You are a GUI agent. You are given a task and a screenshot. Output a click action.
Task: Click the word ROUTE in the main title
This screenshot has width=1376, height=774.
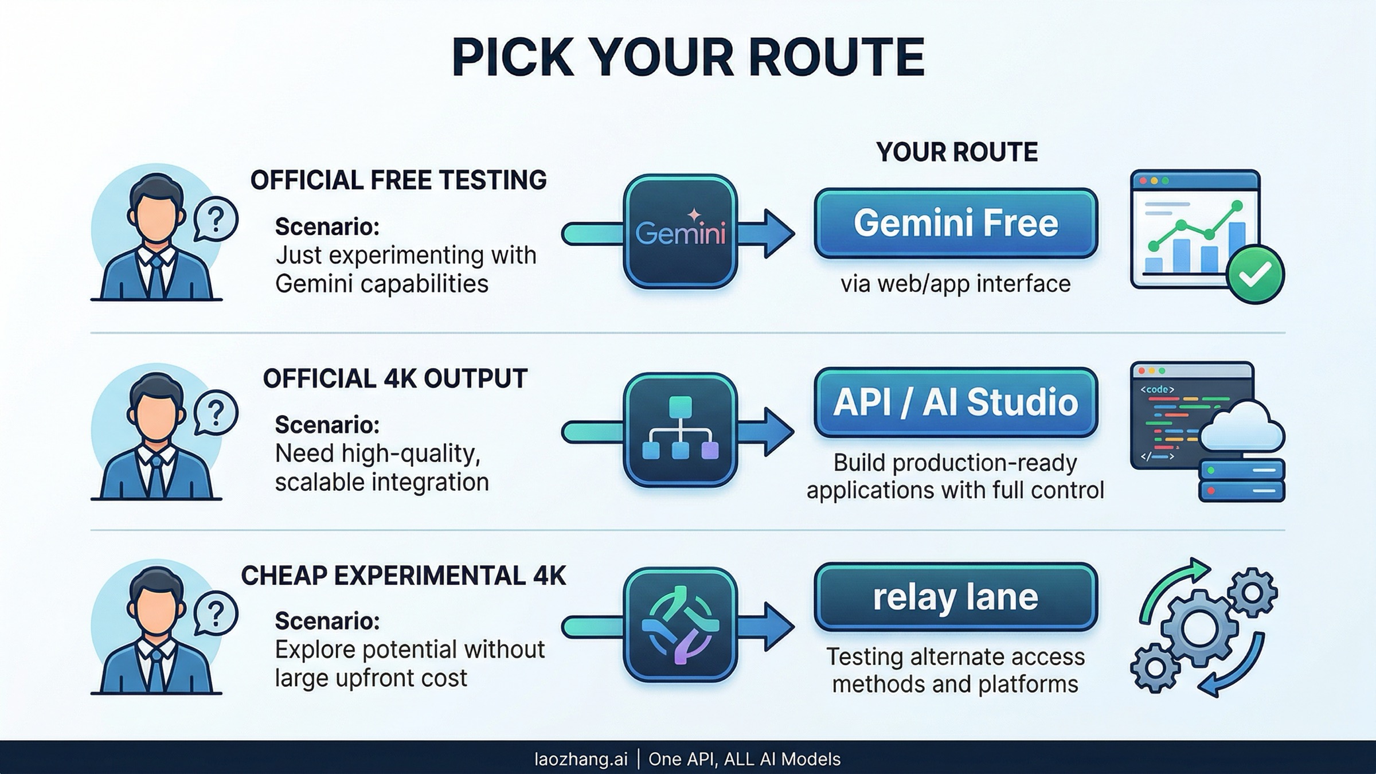pos(837,57)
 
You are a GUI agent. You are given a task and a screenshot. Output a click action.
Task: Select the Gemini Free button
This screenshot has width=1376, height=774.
pos(956,223)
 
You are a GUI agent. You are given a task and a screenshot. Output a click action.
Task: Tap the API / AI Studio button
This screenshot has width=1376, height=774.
pos(956,402)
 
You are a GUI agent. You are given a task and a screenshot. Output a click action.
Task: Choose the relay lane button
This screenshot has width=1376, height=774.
pos(956,597)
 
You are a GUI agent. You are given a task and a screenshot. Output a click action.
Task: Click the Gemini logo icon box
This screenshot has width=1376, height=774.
pos(680,232)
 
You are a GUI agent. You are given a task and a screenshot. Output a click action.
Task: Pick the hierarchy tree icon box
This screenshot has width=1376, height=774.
pos(680,430)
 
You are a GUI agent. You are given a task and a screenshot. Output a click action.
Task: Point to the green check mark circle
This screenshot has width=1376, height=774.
pos(1255,275)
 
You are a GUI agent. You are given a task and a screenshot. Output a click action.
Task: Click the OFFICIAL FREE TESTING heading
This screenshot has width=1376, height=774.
pos(398,180)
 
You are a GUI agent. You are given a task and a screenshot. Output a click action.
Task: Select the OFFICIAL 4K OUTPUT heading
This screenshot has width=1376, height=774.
pos(395,378)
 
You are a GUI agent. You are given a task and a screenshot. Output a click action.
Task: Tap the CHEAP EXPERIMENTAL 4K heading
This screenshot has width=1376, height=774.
pos(403,576)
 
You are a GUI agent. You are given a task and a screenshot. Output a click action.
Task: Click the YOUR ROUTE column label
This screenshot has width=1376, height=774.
pos(957,152)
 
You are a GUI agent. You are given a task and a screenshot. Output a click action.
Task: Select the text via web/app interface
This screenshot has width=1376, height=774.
pos(956,284)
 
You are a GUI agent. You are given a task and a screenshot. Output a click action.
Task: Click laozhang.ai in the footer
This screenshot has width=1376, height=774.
pos(581,759)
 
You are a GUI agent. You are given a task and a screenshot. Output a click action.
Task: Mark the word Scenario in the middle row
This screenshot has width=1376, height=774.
pos(327,425)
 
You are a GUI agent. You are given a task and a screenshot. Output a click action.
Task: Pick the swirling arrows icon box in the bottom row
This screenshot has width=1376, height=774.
pos(680,625)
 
